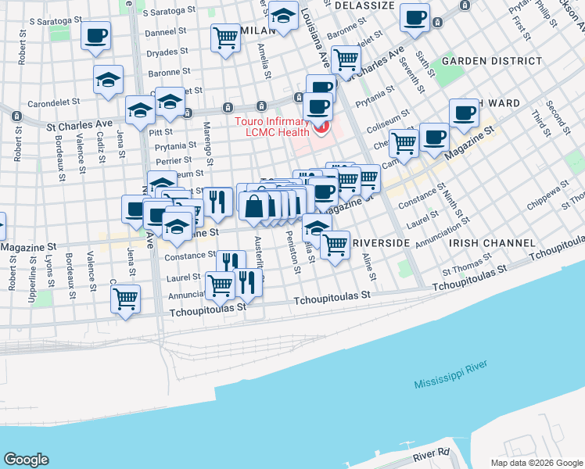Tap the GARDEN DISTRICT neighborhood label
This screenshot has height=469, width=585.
491,60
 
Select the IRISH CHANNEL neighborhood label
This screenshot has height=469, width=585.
486,243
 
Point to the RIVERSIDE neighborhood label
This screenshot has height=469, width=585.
382,243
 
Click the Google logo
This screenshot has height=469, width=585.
26,460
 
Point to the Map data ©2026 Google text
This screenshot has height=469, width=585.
537,463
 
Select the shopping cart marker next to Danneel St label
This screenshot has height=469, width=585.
225,37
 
